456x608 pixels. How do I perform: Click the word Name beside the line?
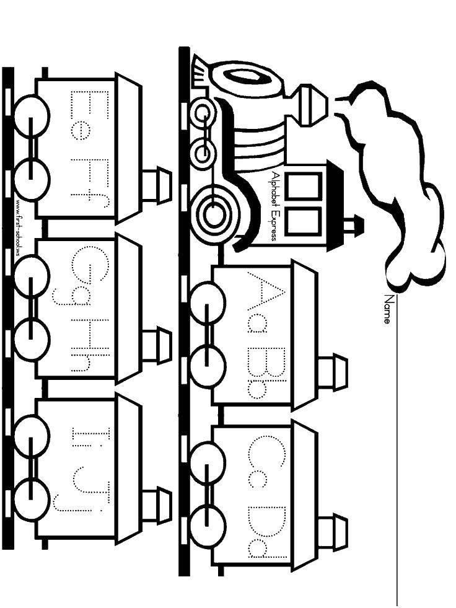coord(388,309)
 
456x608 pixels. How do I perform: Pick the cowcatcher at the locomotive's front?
coord(199,72)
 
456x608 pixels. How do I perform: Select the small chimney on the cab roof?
coord(353,225)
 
